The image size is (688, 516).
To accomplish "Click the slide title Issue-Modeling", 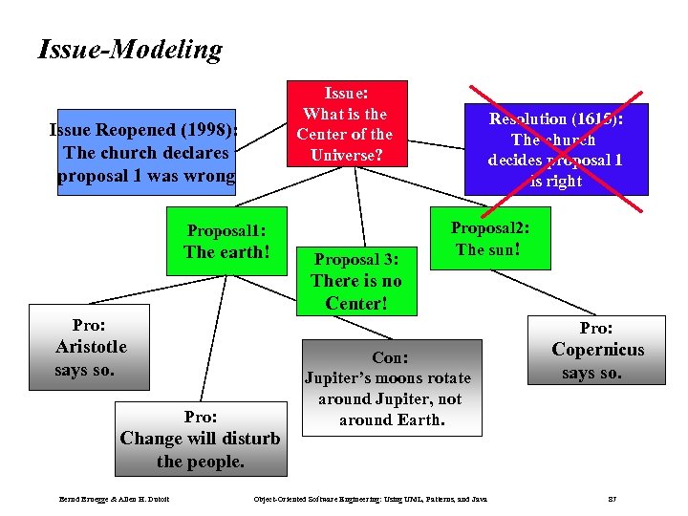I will point(129,50).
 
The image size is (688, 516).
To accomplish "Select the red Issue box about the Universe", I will point(344,123).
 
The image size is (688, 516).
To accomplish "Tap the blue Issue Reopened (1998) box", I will point(146,153).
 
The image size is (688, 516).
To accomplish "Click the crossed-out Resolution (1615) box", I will point(554,149).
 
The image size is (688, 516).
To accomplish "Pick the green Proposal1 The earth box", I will point(226,242).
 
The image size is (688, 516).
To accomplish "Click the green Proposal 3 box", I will point(355,281).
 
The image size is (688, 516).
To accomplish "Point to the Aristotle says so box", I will point(90,347).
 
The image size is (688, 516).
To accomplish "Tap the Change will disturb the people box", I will point(201,439).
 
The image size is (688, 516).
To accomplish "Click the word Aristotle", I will point(91,347).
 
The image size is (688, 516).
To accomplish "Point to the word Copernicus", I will point(598,350).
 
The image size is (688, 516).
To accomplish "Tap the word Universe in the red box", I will point(345,153).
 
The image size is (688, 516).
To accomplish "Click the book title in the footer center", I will point(369,499).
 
